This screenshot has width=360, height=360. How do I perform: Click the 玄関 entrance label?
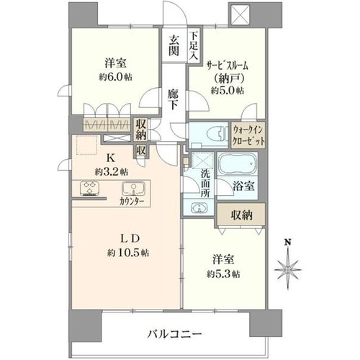[174, 45]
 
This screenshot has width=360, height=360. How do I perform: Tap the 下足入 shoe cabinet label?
[194, 45]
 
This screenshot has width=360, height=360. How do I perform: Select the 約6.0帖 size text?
[115, 77]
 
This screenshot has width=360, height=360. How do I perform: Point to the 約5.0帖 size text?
[228, 91]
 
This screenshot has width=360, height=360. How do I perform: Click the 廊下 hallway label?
[173, 99]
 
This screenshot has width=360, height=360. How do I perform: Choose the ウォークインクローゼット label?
[248, 135]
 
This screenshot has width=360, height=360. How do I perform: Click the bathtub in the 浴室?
[238, 164]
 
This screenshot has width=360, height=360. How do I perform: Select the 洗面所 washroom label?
[206, 184]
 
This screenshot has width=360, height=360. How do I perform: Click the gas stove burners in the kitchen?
[90, 188]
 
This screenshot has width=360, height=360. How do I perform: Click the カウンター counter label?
[132, 202]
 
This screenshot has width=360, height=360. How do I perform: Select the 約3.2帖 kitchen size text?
[112, 172]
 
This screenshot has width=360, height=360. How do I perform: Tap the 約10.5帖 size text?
[127, 253]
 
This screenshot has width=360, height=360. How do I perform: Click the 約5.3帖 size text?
[223, 274]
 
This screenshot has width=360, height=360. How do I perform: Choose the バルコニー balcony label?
[174, 334]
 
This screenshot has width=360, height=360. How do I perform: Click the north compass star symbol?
[288, 269]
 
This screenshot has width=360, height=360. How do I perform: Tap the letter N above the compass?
[288, 243]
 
